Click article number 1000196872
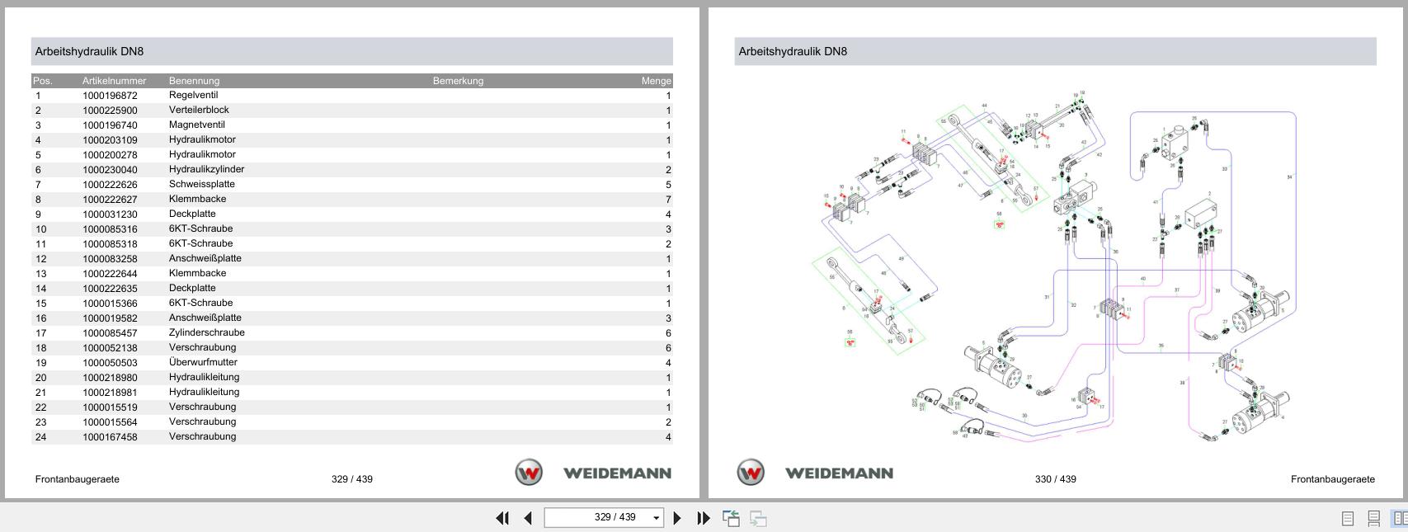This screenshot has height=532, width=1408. (110, 96)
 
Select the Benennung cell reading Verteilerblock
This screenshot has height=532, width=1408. (199, 110)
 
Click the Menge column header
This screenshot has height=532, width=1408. (656, 81)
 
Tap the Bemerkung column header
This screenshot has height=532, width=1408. (458, 81)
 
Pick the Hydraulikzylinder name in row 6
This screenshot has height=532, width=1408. (206, 169)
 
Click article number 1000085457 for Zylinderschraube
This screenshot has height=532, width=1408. (110, 333)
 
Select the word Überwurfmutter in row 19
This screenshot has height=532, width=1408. (203, 362)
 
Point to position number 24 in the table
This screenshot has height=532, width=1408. (40, 437)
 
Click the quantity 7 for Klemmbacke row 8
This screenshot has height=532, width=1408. (667, 200)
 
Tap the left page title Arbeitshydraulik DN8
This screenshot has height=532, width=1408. (89, 51)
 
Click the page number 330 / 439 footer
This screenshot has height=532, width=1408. (1055, 479)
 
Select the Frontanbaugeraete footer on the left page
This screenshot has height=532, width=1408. (77, 479)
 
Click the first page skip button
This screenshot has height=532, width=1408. (502, 518)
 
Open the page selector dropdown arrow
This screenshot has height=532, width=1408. (656, 518)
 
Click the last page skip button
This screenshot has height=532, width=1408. (703, 518)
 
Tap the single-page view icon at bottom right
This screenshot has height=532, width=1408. (1347, 518)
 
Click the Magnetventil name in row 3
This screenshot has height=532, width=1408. (196, 125)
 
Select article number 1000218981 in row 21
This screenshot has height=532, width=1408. (110, 393)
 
